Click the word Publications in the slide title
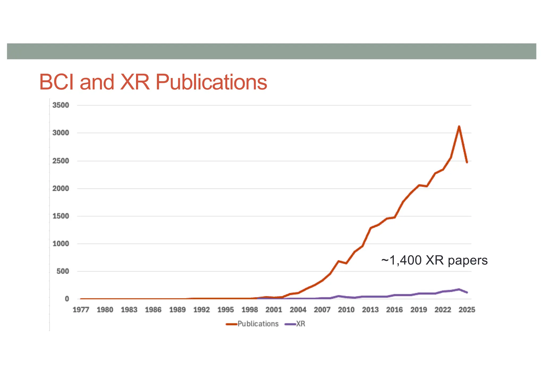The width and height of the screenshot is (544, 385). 211,82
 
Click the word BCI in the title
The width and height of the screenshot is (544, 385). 58,82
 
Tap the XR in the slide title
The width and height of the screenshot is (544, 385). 135,82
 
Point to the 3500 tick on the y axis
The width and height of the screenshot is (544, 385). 61,105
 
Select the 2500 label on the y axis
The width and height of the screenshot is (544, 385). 61,161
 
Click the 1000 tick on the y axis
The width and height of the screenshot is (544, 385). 61,244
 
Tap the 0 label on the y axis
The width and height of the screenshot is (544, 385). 67,299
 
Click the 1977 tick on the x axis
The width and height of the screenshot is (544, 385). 81,310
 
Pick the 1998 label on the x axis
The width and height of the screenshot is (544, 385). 249,310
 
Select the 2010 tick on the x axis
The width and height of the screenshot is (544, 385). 346,310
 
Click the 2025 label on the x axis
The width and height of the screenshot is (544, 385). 467,310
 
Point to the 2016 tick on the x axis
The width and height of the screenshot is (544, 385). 394,310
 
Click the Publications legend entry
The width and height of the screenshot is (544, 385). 258,324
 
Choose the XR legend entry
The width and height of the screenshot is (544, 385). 300,324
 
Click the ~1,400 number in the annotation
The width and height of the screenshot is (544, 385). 401,260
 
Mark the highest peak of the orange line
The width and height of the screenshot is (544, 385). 459,127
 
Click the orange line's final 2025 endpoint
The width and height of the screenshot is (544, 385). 467,162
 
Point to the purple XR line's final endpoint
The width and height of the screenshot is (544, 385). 467,292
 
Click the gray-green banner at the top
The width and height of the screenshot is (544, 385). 271,51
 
